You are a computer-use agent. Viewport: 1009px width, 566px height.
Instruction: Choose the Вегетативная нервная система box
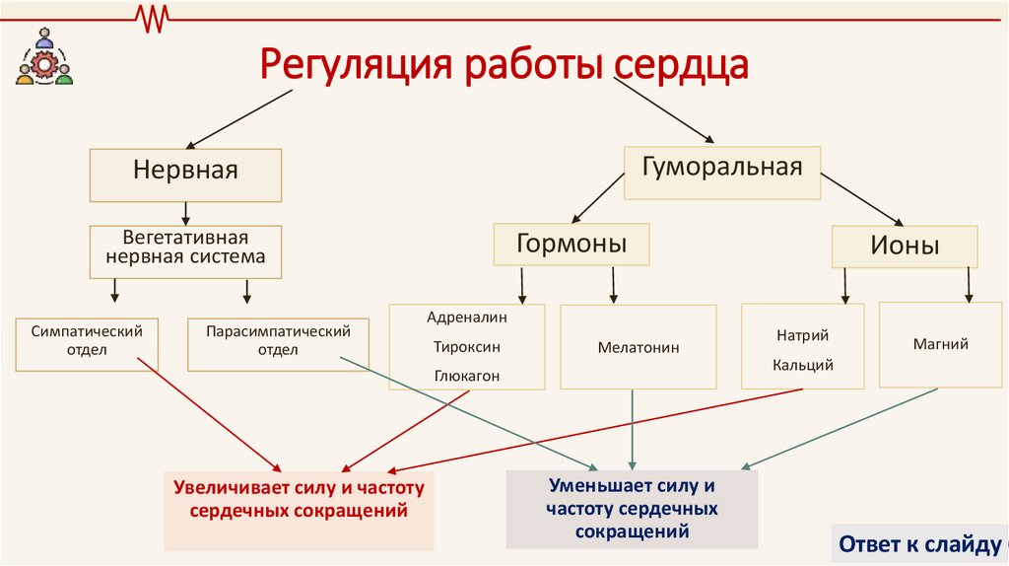186,248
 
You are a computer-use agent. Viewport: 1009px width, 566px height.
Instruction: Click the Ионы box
905,246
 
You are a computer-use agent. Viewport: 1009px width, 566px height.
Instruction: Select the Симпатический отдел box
88,342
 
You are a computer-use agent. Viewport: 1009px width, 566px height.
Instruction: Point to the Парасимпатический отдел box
278,342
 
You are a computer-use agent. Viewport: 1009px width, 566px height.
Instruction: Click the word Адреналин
466,318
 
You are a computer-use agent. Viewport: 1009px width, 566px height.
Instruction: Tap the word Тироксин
466,347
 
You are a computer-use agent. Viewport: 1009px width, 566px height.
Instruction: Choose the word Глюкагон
466,376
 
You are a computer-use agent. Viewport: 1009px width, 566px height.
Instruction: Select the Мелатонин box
638,347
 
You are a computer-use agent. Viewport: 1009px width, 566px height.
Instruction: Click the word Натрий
803,336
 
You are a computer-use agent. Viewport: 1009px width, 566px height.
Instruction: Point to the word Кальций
803,366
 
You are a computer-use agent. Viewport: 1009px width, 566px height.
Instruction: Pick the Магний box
941,344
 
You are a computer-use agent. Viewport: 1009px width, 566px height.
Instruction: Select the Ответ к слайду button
921,544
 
